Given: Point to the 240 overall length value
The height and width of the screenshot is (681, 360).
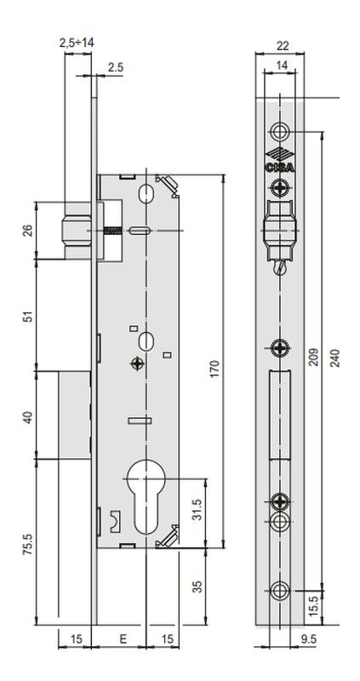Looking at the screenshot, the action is click(x=334, y=358).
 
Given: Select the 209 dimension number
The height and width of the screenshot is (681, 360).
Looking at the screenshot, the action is click(x=313, y=357).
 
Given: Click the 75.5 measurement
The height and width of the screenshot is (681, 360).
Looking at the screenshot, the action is click(x=28, y=545).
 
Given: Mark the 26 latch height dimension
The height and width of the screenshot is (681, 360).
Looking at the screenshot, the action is click(x=28, y=231).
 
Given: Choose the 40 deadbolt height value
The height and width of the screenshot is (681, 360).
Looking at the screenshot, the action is click(x=28, y=418).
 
